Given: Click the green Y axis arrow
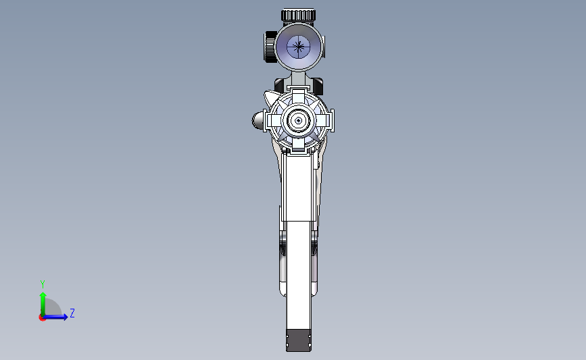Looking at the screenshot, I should tap(43, 301).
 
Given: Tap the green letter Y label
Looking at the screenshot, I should tap(43, 284).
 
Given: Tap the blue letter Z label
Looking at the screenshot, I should tap(72, 313).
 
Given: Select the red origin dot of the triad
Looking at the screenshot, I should tap(42, 317).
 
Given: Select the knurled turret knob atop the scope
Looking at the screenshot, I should tap(298, 15).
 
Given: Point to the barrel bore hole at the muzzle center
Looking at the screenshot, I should tap(298, 120).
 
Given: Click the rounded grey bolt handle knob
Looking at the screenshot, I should tap(260, 120).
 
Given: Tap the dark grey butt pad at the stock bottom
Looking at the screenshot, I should tap(299, 340).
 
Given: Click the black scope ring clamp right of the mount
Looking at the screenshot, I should tap(318, 86).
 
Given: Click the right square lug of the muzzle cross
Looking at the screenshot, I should tap(325, 120).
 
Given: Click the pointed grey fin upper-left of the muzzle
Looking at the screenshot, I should tap(272, 97).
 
